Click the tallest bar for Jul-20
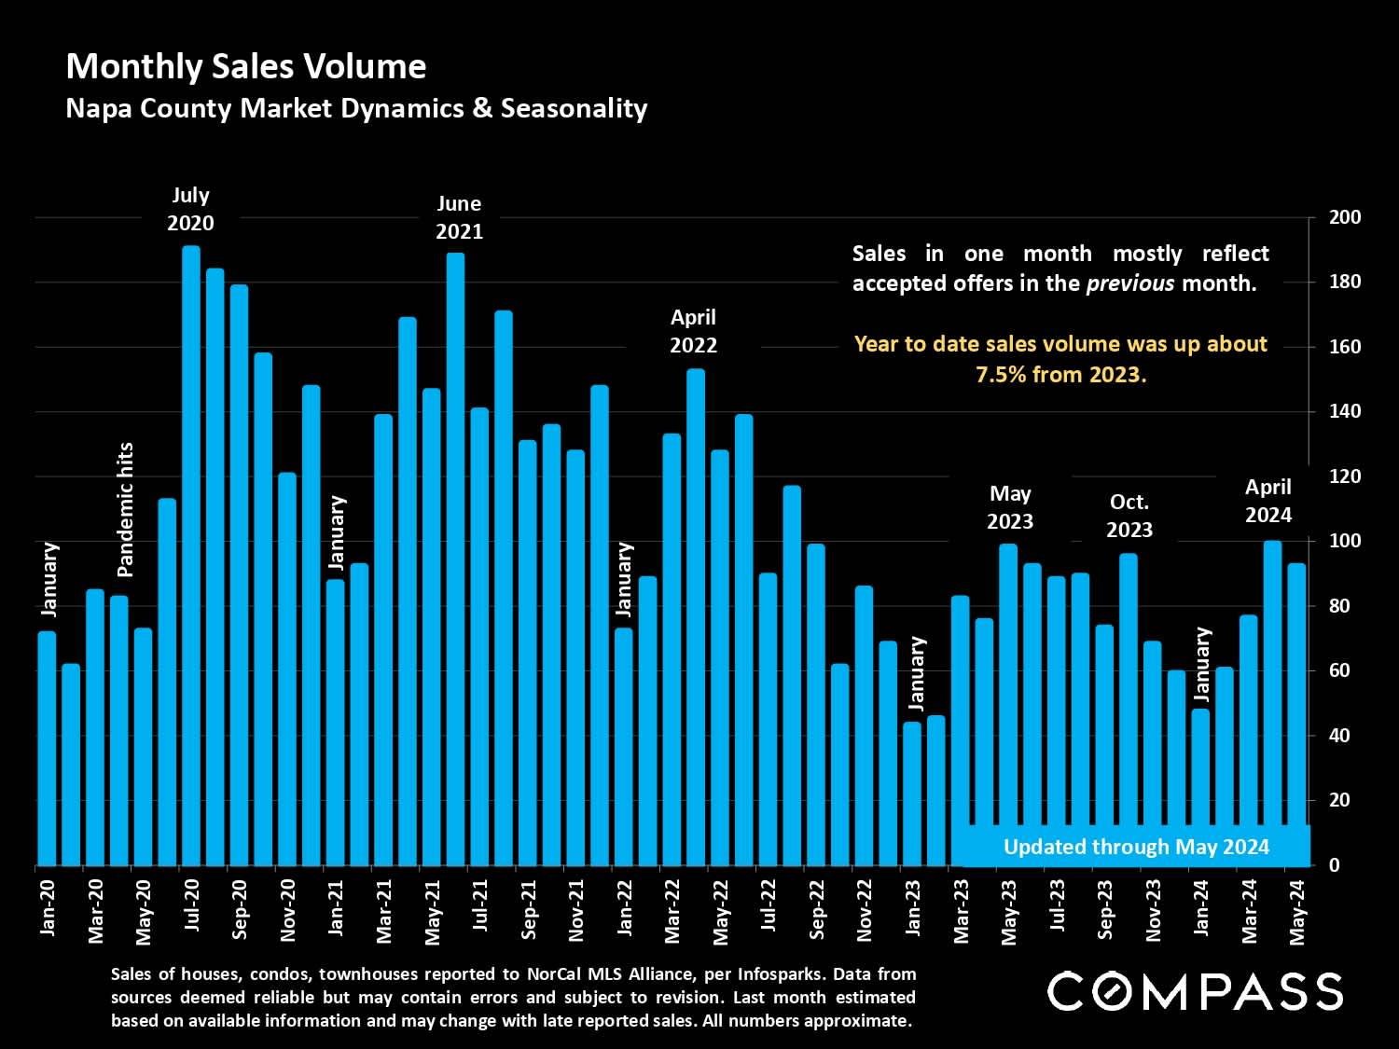(x=191, y=555)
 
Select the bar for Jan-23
(x=912, y=793)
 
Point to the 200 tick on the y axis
(x=1345, y=217)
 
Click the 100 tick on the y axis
(x=1345, y=541)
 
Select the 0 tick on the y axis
(x=1334, y=865)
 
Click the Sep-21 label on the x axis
(x=529, y=909)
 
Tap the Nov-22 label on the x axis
(x=865, y=909)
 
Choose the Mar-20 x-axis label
(x=95, y=910)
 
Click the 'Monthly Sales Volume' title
(x=246, y=66)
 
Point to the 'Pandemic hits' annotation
(x=125, y=509)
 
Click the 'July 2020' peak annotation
(x=190, y=209)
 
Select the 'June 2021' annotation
(x=459, y=217)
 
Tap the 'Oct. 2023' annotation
(x=1129, y=516)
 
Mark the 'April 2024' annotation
(x=1268, y=501)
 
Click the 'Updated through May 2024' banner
(x=1136, y=847)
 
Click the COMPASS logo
(x=1195, y=991)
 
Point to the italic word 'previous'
(x=1130, y=283)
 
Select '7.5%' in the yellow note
(x=1001, y=375)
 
